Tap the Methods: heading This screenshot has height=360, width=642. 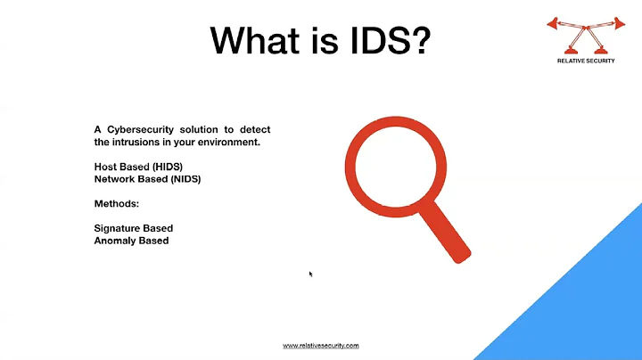[x=115, y=203]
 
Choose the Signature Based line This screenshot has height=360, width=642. [x=133, y=228]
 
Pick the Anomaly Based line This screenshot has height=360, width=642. [x=131, y=241]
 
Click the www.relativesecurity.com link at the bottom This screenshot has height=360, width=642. [x=321, y=346]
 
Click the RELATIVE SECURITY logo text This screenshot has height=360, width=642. [x=585, y=61]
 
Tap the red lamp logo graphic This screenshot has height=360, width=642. [x=585, y=33]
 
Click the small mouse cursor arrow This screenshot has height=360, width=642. [x=310, y=274]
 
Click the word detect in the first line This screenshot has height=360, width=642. [x=255, y=130]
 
